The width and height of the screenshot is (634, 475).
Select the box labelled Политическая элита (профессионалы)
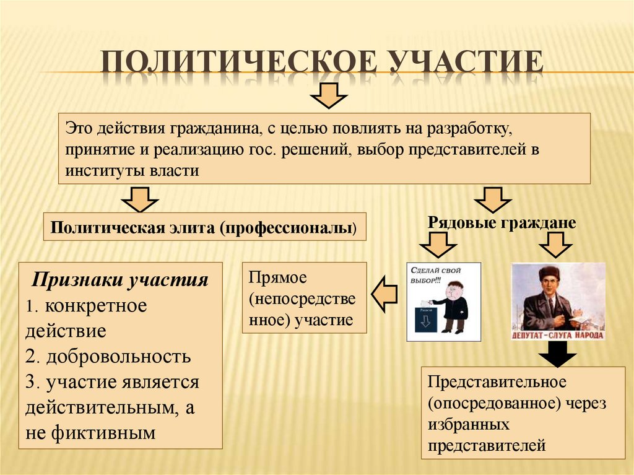tap(204, 227)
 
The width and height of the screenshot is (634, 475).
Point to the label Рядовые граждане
tap(502, 222)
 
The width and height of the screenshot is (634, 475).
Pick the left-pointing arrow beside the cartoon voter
tap(384, 294)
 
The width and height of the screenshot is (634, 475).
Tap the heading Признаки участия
tap(120, 279)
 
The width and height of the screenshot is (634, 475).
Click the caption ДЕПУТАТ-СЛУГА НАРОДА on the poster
tap(558, 334)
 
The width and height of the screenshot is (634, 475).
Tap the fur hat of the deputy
tap(548, 272)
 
